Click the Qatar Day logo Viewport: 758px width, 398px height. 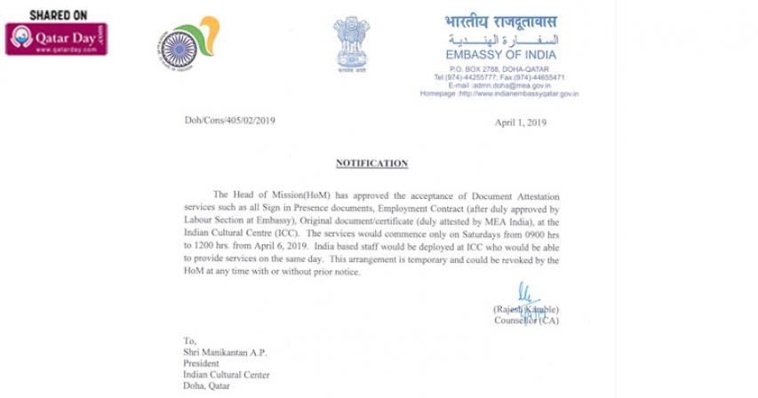click(x=57, y=39)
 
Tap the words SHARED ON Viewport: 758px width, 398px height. click(x=57, y=15)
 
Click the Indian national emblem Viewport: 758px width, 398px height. click(x=351, y=43)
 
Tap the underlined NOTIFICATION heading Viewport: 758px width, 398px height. click(x=371, y=163)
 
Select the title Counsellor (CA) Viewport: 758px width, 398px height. click(x=526, y=321)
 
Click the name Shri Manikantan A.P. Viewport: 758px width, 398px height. click(x=226, y=351)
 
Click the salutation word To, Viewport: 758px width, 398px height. click(x=189, y=339)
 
